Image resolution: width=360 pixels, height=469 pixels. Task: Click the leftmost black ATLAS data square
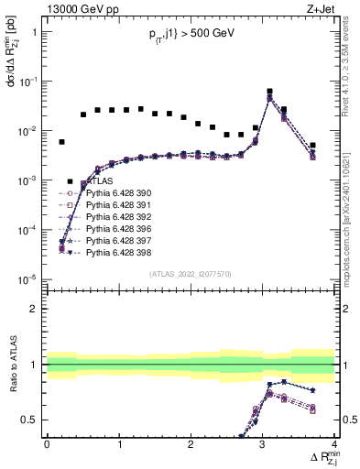tap(62, 142)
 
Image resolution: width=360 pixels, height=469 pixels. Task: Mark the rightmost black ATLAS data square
tap(312, 145)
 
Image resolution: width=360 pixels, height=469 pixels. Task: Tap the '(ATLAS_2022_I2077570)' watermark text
tap(191, 273)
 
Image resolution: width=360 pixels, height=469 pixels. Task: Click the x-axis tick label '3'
tap(263, 444)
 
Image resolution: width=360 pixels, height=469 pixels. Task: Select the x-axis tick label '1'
tap(119, 444)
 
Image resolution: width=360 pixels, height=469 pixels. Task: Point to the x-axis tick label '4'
tap(334, 444)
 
